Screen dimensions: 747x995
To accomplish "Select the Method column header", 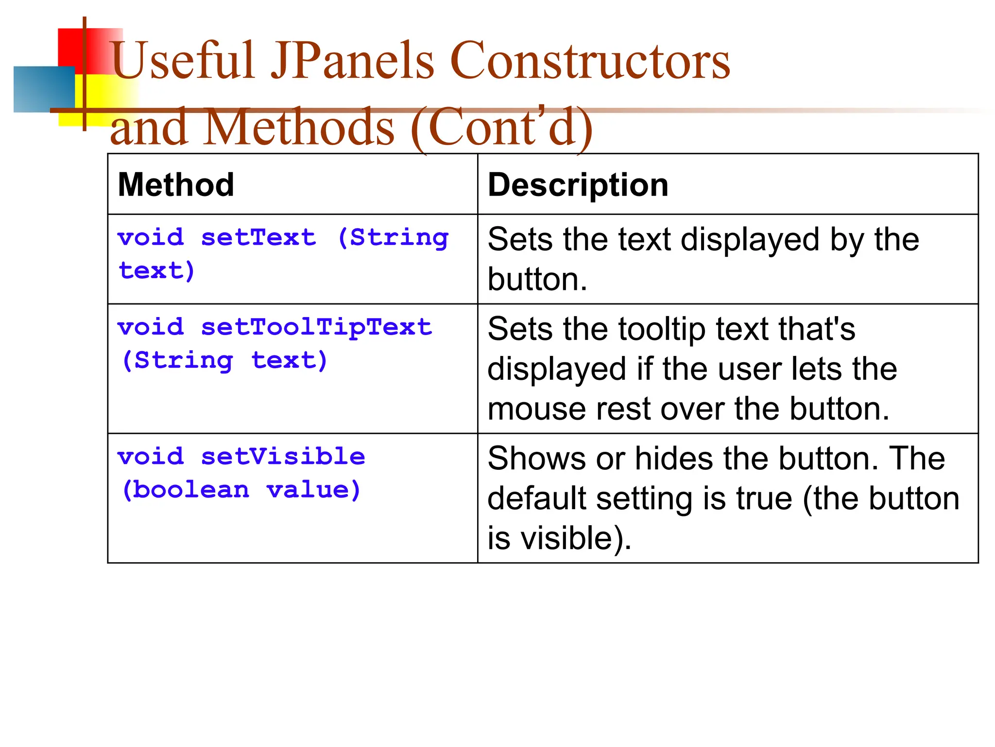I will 176,185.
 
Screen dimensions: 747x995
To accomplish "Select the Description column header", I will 578,185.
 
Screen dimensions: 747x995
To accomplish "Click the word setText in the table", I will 258,238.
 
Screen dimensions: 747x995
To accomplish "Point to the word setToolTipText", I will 316,327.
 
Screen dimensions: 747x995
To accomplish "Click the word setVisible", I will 283,457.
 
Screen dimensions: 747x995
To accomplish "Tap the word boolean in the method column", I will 191,490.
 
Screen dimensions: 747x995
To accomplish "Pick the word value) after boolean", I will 314,490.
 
